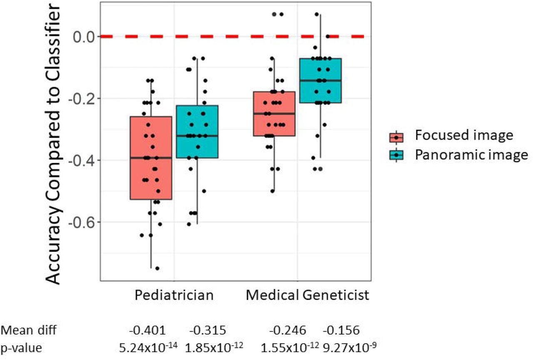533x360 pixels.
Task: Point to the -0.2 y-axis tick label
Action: coord(82,99)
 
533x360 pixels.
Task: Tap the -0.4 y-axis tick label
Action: coord(82,160)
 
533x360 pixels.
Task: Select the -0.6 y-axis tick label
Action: coord(82,222)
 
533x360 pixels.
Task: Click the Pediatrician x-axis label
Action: coord(174,295)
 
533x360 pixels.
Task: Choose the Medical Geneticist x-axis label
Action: coord(307,295)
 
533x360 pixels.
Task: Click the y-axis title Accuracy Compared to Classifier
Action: coord(52,144)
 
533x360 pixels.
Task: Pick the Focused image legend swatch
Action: coord(396,137)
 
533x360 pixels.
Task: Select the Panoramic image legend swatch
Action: coord(396,155)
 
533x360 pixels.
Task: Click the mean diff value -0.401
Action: coord(147,330)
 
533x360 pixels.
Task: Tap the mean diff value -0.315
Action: coord(207,330)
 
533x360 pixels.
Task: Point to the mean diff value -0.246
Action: coord(287,330)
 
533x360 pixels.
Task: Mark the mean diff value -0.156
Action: coord(341,330)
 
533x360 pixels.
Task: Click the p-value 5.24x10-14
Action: coord(148,347)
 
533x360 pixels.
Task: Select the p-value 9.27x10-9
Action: coord(349,347)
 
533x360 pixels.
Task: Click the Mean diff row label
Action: coord(29,330)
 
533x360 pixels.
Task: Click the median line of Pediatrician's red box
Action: coord(151,157)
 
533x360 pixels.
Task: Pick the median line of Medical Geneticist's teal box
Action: coord(321,80)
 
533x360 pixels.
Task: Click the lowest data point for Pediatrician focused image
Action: coord(157,268)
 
